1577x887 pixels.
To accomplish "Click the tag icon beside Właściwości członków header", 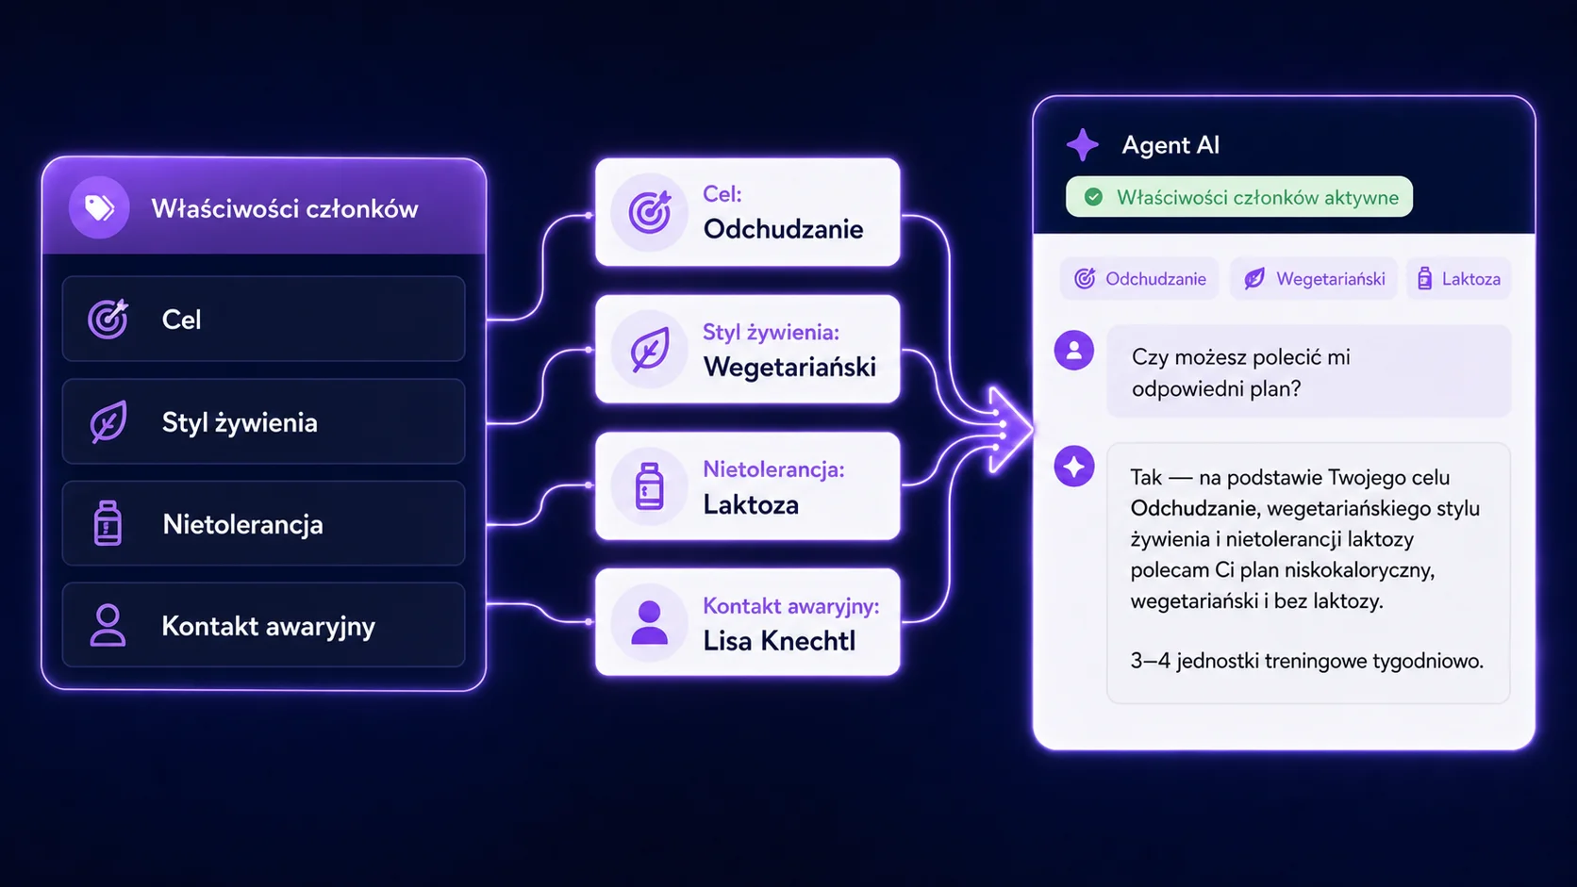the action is [x=99, y=207].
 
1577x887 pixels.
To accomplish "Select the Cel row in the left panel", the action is [x=263, y=320].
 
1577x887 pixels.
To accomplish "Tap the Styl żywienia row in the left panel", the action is [x=263, y=422].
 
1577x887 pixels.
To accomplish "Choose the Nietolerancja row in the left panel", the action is [x=263, y=524].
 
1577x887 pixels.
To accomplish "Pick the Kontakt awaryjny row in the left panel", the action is [x=263, y=625].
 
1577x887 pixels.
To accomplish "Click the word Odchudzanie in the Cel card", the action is [x=783, y=229].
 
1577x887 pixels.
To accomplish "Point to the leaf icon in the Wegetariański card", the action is [x=649, y=350].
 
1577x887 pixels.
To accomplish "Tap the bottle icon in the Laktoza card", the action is [x=649, y=486].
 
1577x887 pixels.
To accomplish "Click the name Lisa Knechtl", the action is [x=779, y=641].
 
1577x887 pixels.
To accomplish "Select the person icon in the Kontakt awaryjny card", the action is [x=649, y=622].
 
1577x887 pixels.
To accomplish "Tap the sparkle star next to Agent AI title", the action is [x=1083, y=145].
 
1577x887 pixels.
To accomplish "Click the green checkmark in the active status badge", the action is [x=1093, y=197].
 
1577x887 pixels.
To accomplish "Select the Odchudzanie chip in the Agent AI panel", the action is [x=1139, y=279].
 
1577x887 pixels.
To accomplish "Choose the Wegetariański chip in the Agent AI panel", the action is [x=1314, y=279].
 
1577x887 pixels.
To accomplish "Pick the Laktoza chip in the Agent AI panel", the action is [x=1459, y=279].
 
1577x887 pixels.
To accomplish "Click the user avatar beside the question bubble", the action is [x=1073, y=351].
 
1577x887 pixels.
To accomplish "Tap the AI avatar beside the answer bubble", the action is [x=1073, y=467].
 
